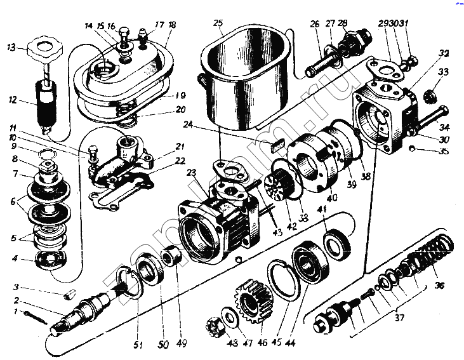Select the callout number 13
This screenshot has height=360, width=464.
pyautogui.click(x=11, y=48)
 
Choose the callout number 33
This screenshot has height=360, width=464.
pyautogui.click(x=442, y=71)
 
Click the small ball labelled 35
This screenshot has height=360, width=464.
pyautogui.click(x=412, y=149)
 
